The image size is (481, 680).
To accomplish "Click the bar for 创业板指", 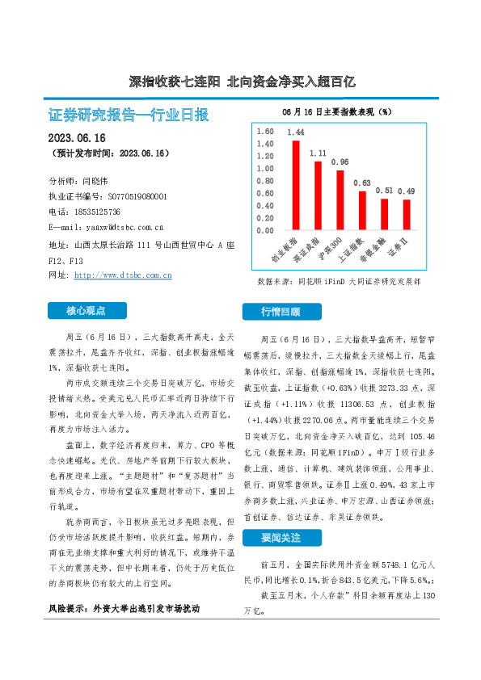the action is (296, 185).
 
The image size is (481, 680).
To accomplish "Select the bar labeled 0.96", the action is (340, 199).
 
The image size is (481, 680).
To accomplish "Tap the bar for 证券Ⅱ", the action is (407, 214).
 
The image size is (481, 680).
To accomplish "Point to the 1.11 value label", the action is (318, 153).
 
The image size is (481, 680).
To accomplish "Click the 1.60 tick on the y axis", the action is (264, 131).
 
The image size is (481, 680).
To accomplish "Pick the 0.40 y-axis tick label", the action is (264, 205).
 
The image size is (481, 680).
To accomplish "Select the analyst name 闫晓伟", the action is (97, 182).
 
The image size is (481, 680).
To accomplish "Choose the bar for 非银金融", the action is (385, 214).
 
